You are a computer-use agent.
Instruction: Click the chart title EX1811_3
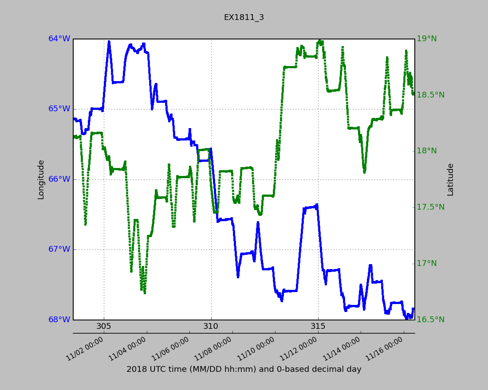pos(244,17)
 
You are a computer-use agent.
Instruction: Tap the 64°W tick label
pos(59,39)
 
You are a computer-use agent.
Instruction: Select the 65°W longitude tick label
pos(59,109)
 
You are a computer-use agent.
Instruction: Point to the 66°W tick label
pos(59,179)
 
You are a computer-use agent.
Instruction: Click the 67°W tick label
pos(59,250)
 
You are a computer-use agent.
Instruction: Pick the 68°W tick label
pos(59,320)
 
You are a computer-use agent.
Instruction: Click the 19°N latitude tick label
pos(426,39)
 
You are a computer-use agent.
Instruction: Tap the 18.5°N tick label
pos(430,95)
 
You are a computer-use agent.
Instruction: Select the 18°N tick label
pos(426,151)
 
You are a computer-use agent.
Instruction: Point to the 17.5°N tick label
pos(430,207)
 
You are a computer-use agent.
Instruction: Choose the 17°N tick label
pos(426,264)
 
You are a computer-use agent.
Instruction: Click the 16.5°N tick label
pos(430,320)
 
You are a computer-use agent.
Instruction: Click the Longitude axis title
pos(41,179)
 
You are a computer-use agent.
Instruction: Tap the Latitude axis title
pos(450,179)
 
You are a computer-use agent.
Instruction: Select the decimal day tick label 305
pos(104,327)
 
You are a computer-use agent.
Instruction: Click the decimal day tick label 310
pos(211,327)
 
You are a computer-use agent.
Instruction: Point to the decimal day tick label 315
pos(318,327)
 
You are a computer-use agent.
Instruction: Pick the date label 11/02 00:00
pos(85,349)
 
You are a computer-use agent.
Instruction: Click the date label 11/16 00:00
pos(385,349)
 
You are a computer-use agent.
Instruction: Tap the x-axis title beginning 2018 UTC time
pos(244,370)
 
